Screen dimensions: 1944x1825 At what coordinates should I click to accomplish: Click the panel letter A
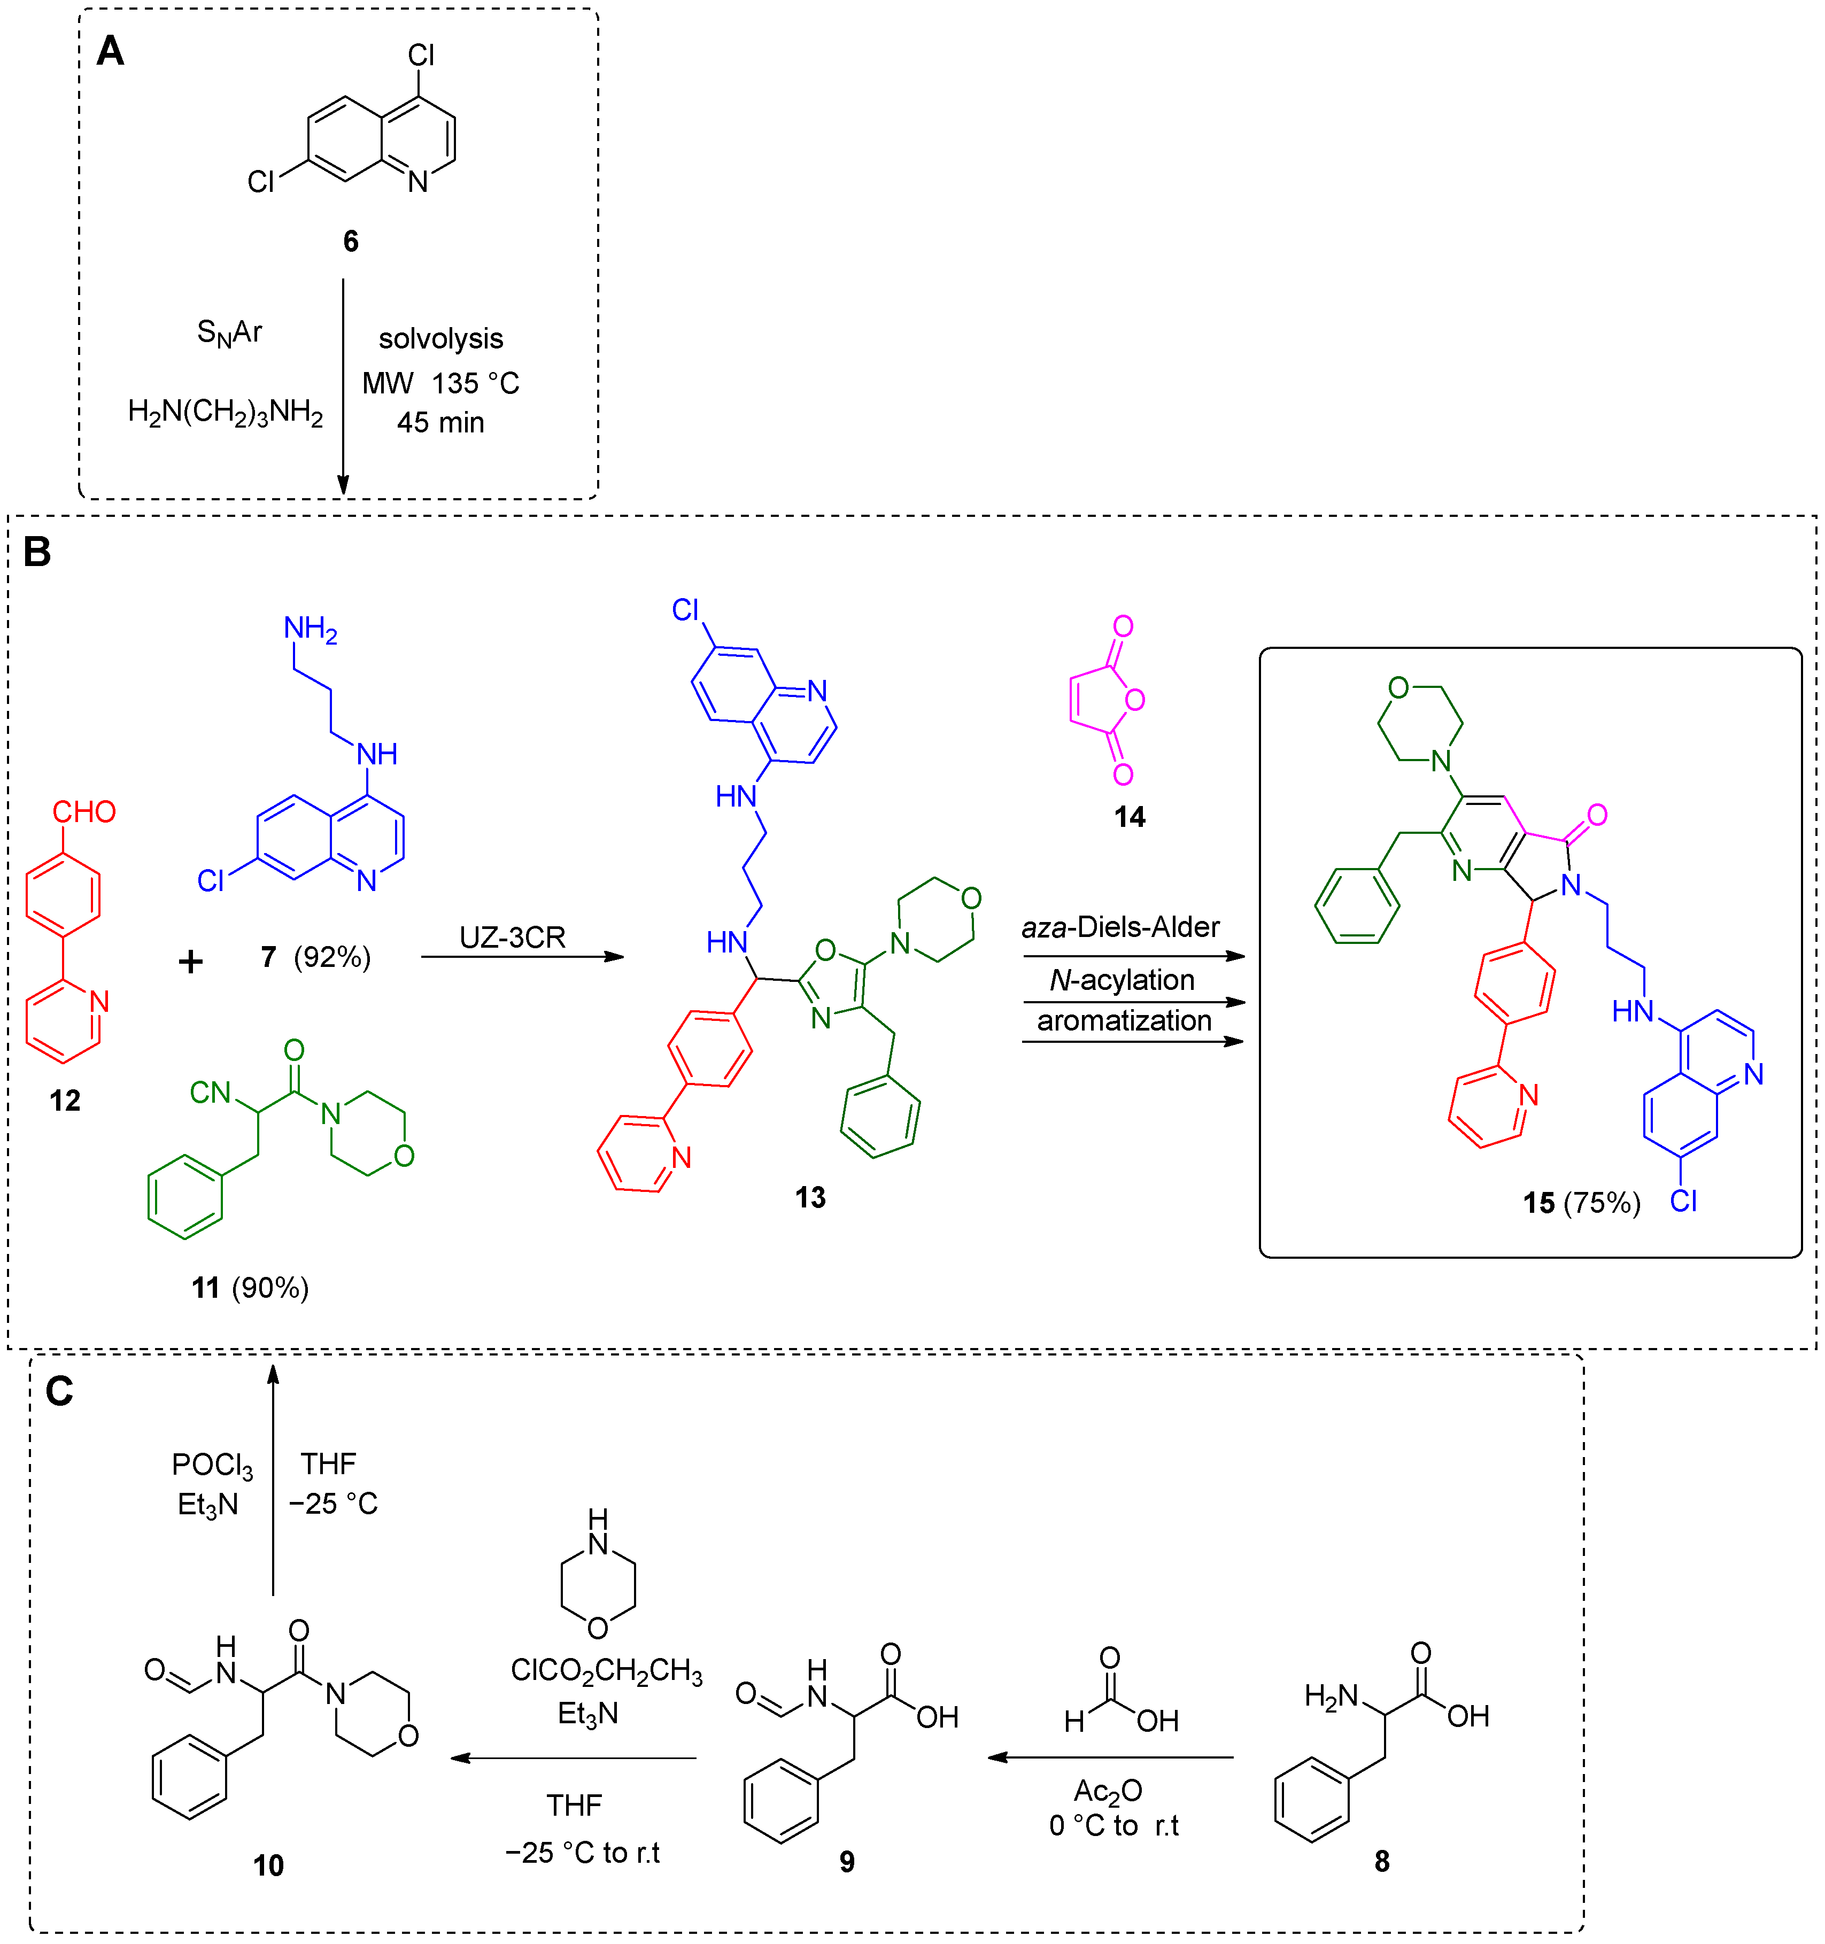coord(111,51)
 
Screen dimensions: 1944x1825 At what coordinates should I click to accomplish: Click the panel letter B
coord(37,553)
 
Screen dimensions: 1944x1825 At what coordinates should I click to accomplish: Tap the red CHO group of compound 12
coord(84,811)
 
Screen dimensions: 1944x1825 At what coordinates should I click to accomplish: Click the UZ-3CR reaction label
coord(513,938)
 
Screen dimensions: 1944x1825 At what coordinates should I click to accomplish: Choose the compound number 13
coord(810,1197)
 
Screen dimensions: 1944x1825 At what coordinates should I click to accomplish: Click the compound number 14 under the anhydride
coord(1130,817)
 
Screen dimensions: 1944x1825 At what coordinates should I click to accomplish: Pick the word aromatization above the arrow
coord(1124,1021)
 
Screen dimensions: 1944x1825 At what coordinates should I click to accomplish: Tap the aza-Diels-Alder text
coord(1121,927)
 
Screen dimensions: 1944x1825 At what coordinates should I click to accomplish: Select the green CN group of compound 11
coord(210,1093)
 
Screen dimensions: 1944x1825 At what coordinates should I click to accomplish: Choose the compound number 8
coord(1381,1861)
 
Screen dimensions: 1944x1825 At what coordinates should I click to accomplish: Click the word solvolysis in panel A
coord(440,338)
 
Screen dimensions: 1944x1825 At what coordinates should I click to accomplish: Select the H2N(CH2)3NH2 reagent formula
coord(225,412)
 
